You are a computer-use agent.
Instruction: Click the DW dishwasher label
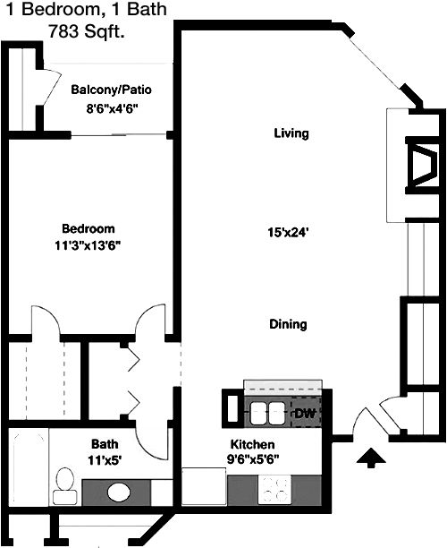305,414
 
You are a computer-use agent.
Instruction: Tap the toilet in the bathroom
65,486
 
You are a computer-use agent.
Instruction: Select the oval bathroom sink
119,492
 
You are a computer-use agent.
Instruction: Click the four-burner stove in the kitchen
275,490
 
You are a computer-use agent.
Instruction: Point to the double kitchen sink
267,413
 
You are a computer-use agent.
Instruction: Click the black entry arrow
371,458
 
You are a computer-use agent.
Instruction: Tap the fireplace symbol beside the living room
422,165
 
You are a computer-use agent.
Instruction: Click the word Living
291,133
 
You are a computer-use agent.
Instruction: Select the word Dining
288,324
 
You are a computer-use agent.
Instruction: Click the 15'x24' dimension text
288,232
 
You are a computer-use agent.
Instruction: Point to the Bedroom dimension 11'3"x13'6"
88,245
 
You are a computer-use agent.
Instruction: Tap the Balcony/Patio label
112,90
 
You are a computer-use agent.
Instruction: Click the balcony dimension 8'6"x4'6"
113,108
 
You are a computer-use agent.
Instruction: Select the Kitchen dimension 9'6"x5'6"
253,458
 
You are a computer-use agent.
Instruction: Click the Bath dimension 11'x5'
105,459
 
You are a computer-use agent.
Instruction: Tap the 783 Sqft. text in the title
87,31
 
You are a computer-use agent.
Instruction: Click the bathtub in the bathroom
29,467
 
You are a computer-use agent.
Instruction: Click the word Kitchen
253,444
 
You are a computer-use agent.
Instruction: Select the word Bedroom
89,228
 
